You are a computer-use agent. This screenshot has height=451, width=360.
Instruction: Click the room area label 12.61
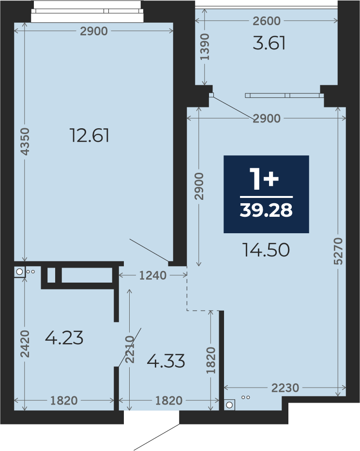pos(90,135)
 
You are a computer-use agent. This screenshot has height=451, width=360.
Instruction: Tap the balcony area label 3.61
pos(269,43)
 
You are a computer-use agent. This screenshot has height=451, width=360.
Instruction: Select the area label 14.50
pos(266,250)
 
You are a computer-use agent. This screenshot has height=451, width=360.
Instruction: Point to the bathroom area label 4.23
pos(64,338)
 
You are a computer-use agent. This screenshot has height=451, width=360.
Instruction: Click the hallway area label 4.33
pos(166,361)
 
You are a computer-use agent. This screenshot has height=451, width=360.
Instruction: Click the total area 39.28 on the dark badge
pos(266,210)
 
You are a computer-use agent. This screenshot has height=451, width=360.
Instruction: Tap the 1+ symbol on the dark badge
pos(264,179)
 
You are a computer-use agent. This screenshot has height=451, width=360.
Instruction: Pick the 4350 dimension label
pos(25,141)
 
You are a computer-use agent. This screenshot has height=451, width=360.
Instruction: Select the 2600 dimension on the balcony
pos(267,21)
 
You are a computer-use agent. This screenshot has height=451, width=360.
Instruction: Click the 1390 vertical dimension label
pos(205,47)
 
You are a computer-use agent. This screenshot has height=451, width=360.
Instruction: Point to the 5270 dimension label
pos(338,251)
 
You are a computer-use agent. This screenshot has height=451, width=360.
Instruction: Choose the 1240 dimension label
pos(153,275)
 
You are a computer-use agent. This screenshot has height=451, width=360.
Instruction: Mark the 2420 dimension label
pos(25,344)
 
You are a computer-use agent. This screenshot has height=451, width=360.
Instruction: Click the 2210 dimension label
pos(130,349)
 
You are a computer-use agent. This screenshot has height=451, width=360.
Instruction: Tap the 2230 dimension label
pos(285,388)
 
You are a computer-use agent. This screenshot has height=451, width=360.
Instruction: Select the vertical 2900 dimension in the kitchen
pos(199,186)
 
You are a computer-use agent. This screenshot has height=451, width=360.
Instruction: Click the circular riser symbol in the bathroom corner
pos(19,271)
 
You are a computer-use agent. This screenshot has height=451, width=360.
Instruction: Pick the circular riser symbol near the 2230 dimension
pos(229,405)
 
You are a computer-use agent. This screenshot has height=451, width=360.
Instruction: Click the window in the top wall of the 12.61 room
pos(87,11)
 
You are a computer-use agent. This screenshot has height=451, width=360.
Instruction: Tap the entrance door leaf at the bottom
pos(157,437)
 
